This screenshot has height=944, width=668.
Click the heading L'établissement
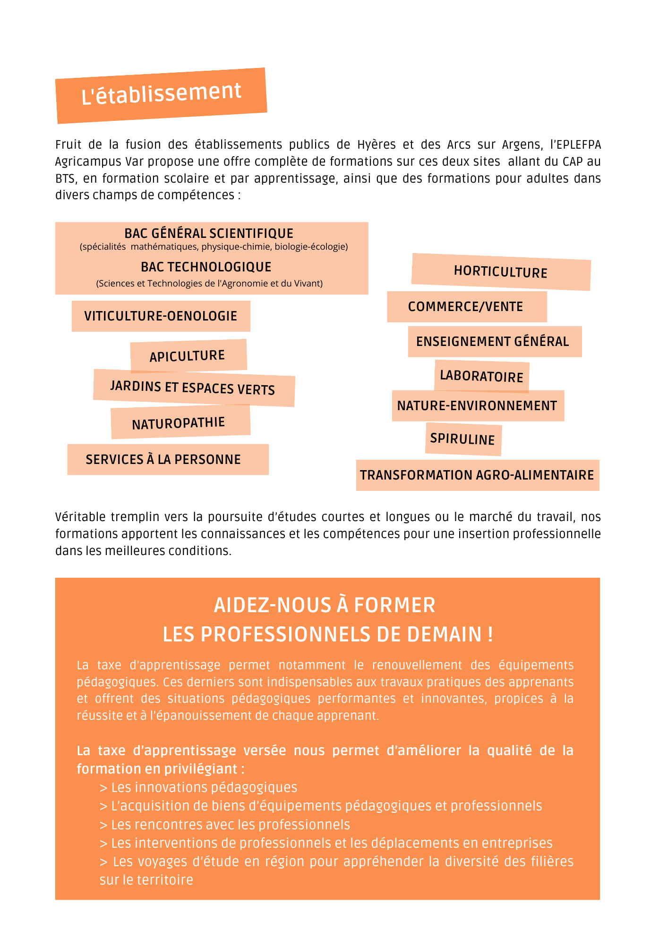click(x=162, y=93)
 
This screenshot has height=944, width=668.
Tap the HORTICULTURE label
click(x=500, y=272)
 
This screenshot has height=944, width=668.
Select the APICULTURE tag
click(x=188, y=356)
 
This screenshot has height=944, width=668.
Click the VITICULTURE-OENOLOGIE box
click(x=161, y=316)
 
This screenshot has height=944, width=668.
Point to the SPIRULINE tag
click(x=462, y=439)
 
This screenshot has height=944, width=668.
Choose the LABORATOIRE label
click(x=481, y=376)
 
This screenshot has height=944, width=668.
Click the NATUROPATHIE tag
click(x=179, y=423)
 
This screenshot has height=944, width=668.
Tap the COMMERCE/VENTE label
click(x=466, y=307)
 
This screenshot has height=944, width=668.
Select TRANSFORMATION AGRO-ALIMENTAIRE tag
click(x=477, y=475)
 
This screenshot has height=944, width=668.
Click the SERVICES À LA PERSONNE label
click(x=163, y=459)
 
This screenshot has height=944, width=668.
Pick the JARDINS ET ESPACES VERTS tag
click(x=193, y=388)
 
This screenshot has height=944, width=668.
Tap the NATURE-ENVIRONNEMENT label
click(x=477, y=405)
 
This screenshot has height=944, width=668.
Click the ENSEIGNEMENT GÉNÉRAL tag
click(x=493, y=341)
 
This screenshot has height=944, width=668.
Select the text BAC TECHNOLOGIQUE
click(x=206, y=267)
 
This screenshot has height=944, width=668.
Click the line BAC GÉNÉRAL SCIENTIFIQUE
click(x=209, y=233)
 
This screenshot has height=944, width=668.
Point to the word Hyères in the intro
click(x=376, y=144)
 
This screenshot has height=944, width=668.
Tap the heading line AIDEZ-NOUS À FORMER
click(x=325, y=605)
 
